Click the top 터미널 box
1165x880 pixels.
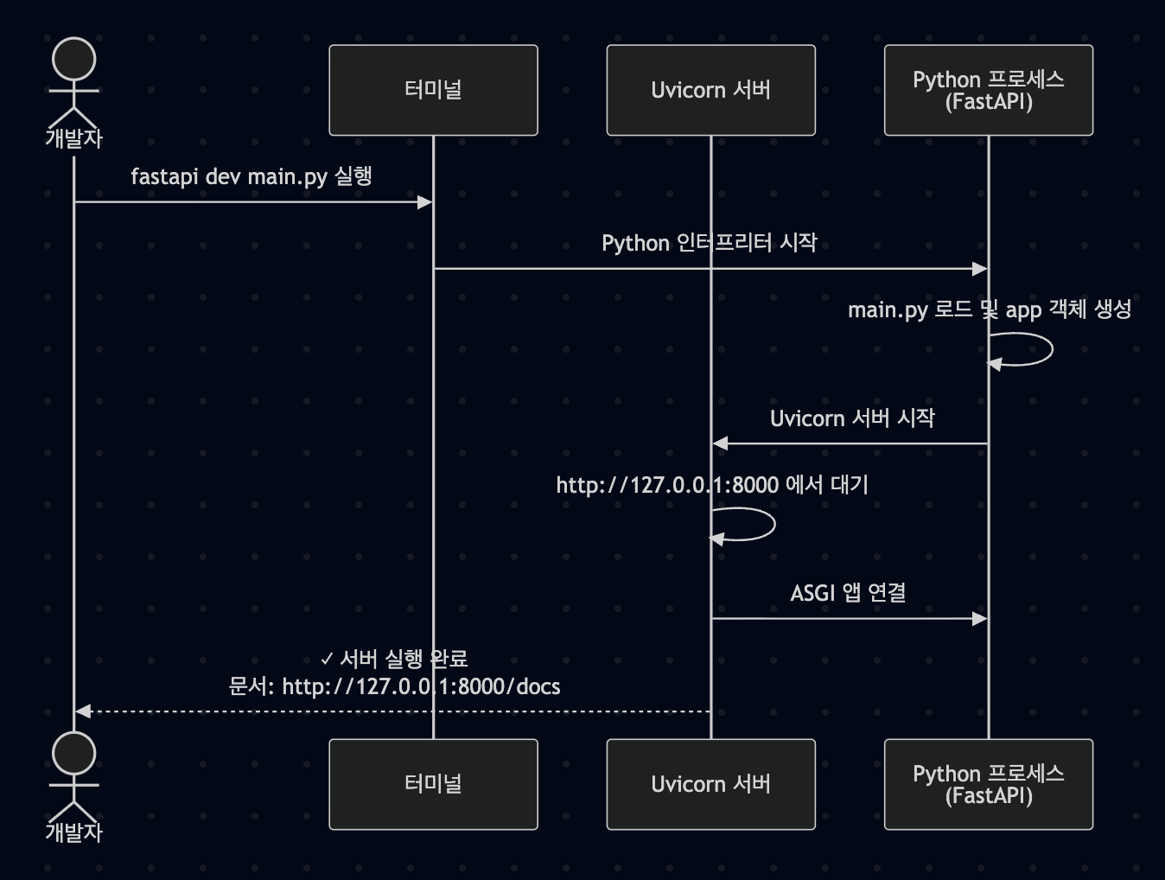(433, 90)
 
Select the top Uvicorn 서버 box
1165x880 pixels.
(710, 90)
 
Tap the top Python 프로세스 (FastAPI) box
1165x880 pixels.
(988, 90)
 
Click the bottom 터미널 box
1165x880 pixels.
(433, 784)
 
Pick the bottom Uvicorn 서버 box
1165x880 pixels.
(710, 784)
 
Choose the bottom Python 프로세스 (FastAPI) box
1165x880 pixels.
(988, 784)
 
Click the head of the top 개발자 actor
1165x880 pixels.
(74, 60)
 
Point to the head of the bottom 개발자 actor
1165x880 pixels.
(74, 754)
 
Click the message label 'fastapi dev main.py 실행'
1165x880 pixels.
(251, 176)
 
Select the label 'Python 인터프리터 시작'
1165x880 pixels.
(710, 243)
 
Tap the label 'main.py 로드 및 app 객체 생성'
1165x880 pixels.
(990, 309)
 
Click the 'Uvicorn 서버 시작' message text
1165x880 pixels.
(852, 418)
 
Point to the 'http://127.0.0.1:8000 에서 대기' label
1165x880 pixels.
(712, 485)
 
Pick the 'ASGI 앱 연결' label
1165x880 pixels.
(848, 593)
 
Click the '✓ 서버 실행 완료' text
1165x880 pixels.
(394, 660)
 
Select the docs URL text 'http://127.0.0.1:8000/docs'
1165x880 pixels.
(421, 687)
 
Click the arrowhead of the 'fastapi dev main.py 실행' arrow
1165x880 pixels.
(424, 202)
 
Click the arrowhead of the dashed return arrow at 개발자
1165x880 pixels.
(83, 711)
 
